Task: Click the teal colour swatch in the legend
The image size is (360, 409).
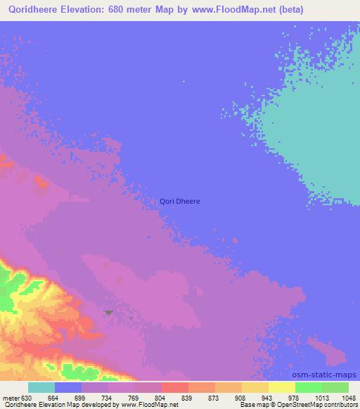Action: [x=41, y=387]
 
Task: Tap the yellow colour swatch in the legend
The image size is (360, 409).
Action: [x=282, y=387]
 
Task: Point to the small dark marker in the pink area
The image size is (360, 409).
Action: [x=108, y=312]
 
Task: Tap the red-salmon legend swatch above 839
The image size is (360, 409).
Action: [x=175, y=387]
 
